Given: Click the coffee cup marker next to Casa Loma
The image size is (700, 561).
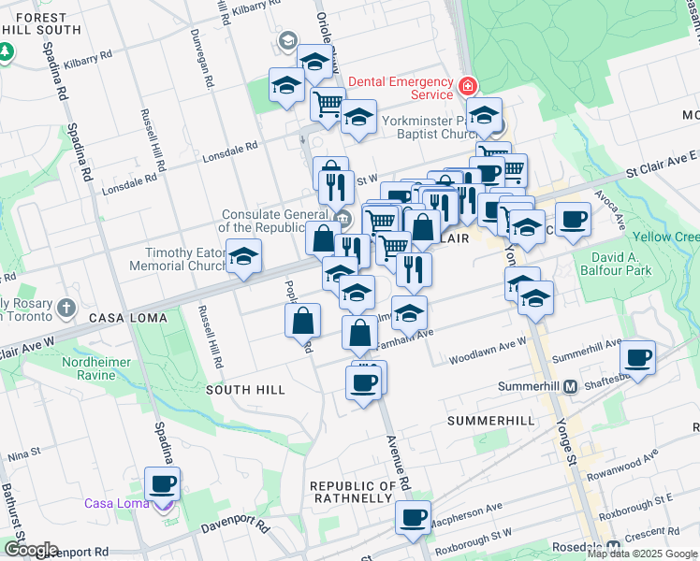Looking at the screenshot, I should pyautogui.click(x=163, y=484).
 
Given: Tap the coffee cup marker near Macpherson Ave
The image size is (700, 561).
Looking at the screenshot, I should pyautogui.click(x=412, y=518).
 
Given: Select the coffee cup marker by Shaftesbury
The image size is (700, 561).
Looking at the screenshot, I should pyautogui.click(x=637, y=357).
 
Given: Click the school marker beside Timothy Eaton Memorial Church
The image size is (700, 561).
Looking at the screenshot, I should pyautogui.click(x=243, y=256).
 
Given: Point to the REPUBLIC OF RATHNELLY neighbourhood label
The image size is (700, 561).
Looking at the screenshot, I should pyautogui.click(x=353, y=492).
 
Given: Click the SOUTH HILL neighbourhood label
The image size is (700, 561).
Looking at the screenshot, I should pyautogui.click(x=245, y=389).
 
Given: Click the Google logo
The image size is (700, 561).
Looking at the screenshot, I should pyautogui.click(x=30, y=550).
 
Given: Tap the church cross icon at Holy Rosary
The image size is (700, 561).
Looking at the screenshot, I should pyautogui.click(x=66, y=308).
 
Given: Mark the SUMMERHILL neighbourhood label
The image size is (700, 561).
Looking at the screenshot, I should pyautogui.click(x=490, y=421).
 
